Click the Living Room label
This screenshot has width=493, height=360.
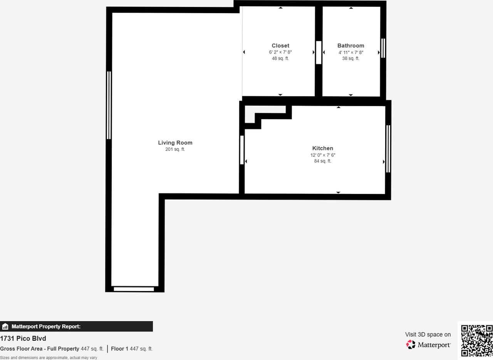click(175, 143)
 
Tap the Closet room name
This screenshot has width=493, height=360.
click(280, 45)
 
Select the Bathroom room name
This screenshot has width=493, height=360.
click(350, 45)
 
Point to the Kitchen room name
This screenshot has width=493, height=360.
click(322, 148)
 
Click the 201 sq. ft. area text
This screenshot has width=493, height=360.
click(175, 150)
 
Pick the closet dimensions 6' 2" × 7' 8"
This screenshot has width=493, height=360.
click(280, 52)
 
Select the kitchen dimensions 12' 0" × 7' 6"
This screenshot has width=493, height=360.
click(322, 155)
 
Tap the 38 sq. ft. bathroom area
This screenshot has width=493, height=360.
click(350, 59)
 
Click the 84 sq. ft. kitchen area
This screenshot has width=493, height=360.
click(322, 161)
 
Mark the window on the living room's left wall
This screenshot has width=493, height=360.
click(109, 105)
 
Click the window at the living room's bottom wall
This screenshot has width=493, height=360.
click(134, 289)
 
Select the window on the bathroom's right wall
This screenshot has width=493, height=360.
click(383, 48)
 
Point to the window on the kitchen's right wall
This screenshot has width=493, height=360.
click(388, 148)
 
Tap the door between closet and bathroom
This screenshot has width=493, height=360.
click(319, 52)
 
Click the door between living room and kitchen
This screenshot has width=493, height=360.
click(242, 150)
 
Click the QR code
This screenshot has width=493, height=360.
click(477, 340)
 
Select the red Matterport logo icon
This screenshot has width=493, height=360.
click(411, 345)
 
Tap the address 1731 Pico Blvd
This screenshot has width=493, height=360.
click(23, 339)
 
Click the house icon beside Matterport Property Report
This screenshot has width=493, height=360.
click(5, 326)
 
